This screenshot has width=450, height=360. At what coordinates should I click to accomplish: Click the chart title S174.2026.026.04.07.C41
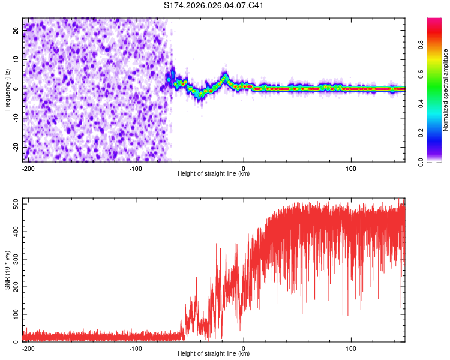[214, 6]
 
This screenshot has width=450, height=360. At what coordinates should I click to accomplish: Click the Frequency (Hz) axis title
[7, 90]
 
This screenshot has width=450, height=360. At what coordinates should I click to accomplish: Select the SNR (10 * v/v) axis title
[7, 270]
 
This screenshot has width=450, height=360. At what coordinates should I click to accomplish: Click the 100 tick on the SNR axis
[12, 314]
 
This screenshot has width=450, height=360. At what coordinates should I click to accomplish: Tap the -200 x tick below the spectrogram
[27, 168]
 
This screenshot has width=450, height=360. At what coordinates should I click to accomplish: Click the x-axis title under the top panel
[214, 174]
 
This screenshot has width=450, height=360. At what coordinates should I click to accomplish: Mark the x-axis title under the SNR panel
[214, 354]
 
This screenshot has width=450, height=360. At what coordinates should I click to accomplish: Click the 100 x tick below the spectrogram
[351, 168]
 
